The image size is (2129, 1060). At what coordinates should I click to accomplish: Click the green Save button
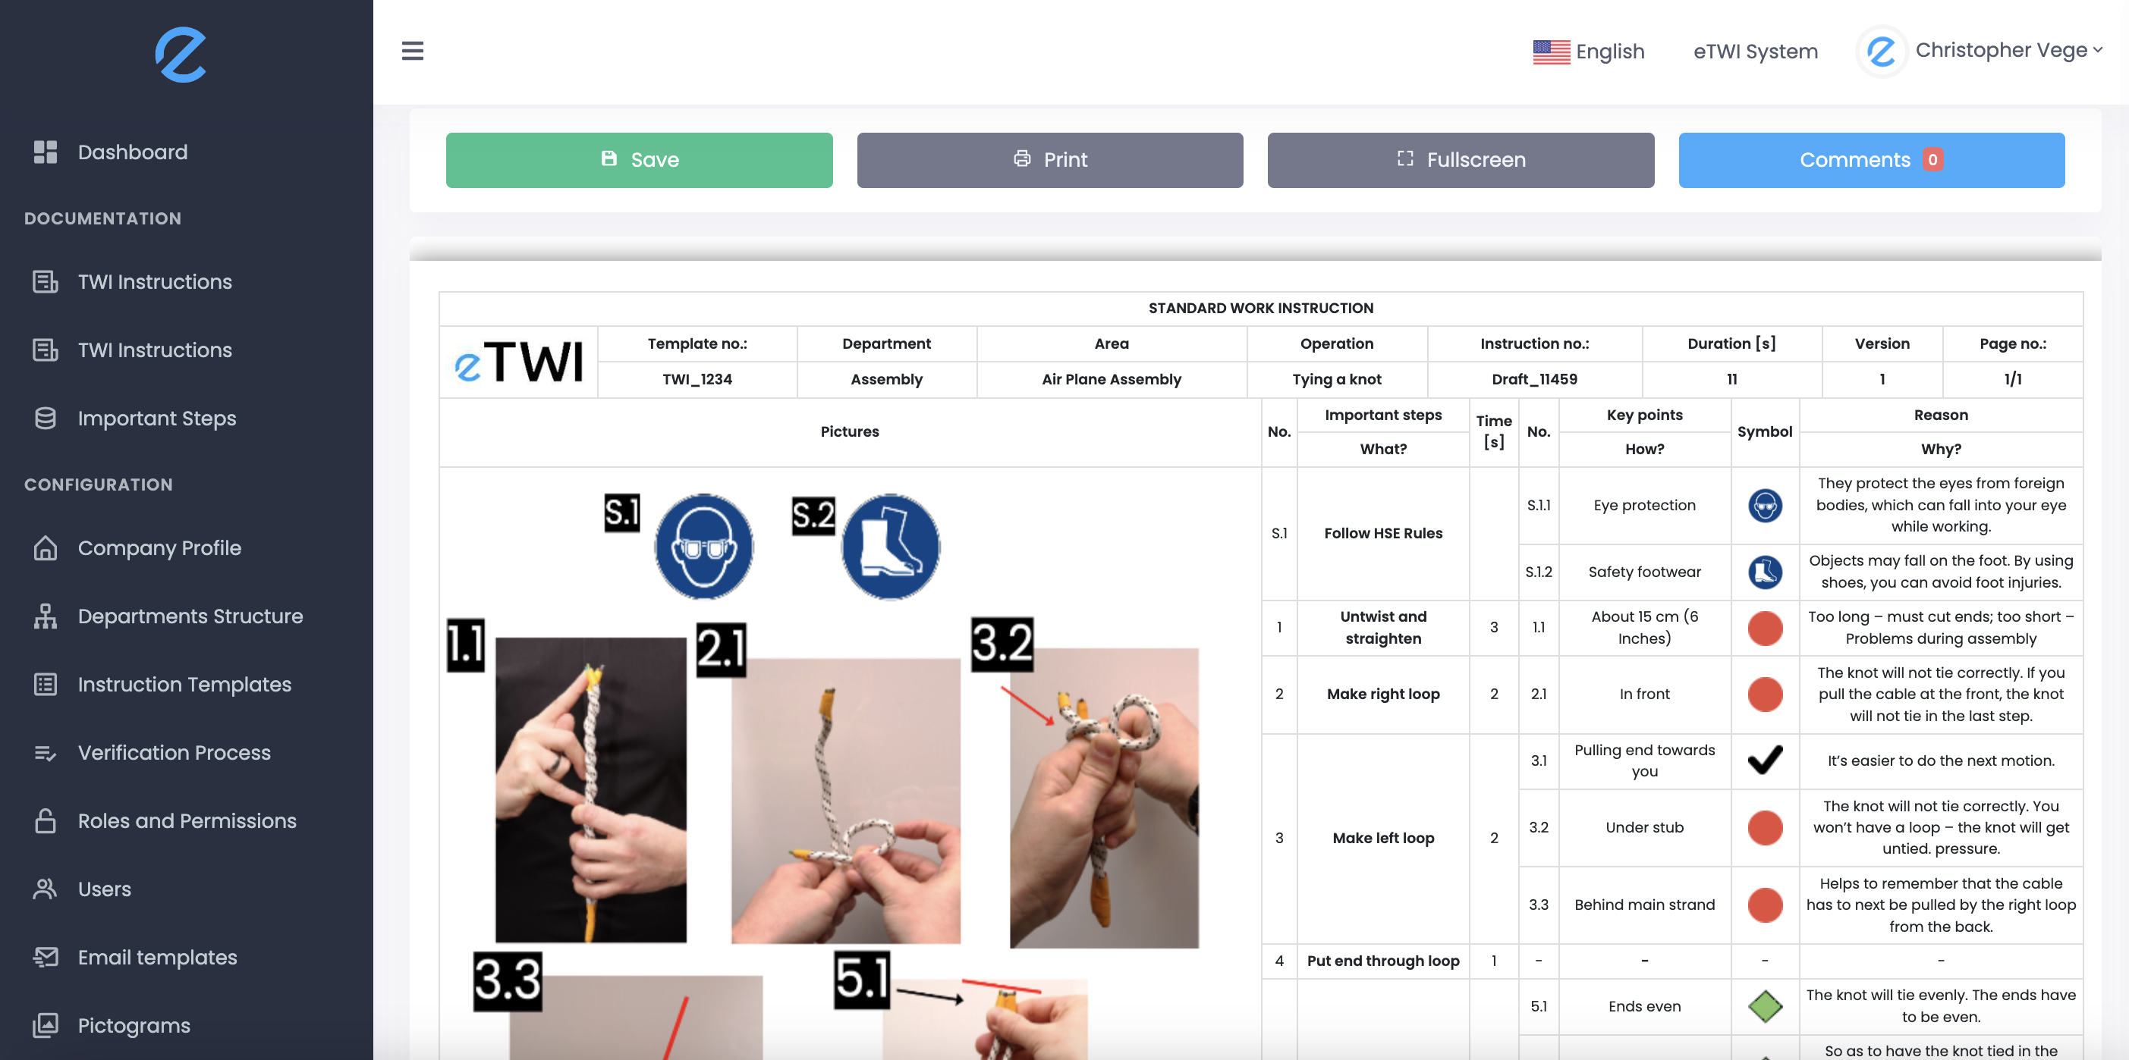pyautogui.click(x=639, y=159)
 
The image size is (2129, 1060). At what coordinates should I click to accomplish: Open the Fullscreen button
pyautogui.click(x=1461, y=159)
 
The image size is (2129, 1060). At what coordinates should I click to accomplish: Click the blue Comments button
pyautogui.click(x=1870, y=159)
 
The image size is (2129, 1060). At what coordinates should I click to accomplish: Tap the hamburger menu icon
pyautogui.click(x=413, y=52)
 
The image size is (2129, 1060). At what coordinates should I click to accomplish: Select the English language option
pyautogui.click(x=1589, y=52)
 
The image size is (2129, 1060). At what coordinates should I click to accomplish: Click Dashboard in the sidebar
pyautogui.click(x=132, y=152)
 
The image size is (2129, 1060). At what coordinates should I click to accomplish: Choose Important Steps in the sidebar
pyautogui.click(x=156, y=418)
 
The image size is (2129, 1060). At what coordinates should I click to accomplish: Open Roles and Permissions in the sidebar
pyautogui.click(x=187, y=820)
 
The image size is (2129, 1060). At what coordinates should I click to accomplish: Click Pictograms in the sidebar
pyautogui.click(x=134, y=1025)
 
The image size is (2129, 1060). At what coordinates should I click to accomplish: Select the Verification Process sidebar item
pyautogui.click(x=174, y=753)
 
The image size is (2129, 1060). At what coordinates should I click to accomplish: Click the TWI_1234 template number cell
pyautogui.click(x=697, y=379)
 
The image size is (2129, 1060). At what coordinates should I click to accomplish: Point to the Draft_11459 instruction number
pyautogui.click(x=1534, y=379)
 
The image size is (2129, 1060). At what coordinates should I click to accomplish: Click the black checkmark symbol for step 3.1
pyautogui.click(x=1765, y=760)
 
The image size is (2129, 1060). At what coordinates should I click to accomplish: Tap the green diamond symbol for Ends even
pyautogui.click(x=1765, y=1005)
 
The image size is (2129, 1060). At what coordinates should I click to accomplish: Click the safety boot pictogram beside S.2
pyautogui.click(x=890, y=546)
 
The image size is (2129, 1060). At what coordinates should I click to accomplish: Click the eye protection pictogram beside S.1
pyautogui.click(x=703, y=546)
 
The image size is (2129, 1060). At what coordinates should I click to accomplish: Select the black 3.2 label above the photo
pyautogui.click(x=1002, y=644)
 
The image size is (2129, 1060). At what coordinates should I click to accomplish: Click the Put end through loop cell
pyautogui.click(x=1382, y=961)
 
